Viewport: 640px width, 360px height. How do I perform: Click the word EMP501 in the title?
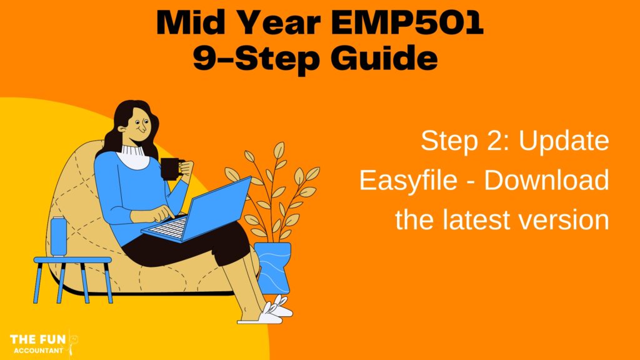[407, 23]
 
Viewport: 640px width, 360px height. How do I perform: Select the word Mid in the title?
[192, 23]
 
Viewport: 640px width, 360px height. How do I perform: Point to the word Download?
[546, 179]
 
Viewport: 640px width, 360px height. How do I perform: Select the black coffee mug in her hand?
[171, 168]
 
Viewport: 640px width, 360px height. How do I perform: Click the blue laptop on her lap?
[198, 213]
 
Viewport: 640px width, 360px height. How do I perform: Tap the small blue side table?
[72, 279]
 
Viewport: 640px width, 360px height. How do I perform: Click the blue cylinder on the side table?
[58, 237]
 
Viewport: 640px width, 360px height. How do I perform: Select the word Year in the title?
[278, 23]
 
